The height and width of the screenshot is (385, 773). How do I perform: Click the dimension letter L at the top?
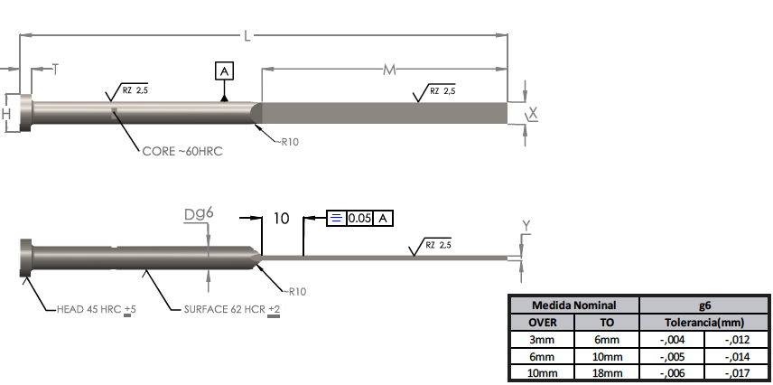click(247, 35)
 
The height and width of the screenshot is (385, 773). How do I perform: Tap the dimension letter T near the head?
click(56, 69)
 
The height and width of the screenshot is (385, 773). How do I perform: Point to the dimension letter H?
click(6, 113)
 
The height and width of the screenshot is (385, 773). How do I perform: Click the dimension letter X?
click(533, 113)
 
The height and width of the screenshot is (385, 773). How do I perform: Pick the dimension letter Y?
click(526, 224)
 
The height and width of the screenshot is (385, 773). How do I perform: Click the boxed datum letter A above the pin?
click(225, 70)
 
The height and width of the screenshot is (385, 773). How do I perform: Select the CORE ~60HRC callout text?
click(182, 152)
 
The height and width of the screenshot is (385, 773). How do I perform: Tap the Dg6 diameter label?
click(198, 214)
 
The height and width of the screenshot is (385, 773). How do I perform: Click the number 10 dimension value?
click(280, 219)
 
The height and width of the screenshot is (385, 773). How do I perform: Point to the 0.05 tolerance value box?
click(360, 218)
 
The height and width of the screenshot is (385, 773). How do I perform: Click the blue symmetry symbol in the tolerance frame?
click(335, 218)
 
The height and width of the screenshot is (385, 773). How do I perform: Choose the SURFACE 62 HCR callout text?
click(226, 310)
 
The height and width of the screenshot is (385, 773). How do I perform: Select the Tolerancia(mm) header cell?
click(705, 322)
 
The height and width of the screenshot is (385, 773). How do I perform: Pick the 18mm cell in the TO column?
click(607, 373)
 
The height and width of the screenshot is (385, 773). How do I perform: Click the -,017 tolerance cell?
click(738, 373)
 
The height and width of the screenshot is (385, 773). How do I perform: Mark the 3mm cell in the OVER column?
click(541, 339)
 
